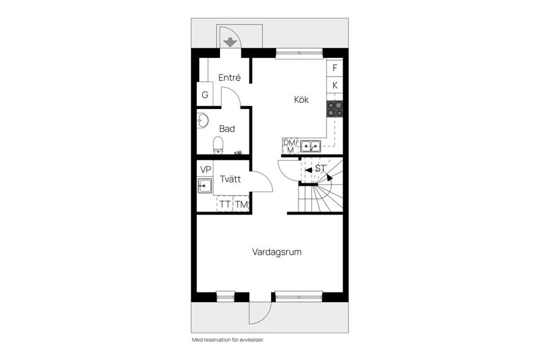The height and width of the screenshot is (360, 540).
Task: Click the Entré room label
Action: coord(229,78)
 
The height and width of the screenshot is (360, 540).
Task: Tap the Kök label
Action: coord(301,100)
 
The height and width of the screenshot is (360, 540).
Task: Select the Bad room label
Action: coord(227,129)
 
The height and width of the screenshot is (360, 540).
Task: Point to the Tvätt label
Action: coord(231,179)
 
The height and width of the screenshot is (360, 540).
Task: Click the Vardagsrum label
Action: coord(276,252)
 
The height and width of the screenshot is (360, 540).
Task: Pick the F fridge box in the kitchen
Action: coord(335,67)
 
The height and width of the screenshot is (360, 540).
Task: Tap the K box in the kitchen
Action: coord(335,85)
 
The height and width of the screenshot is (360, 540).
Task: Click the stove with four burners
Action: coord(335,109)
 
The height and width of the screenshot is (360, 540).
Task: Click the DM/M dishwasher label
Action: coord(290,146)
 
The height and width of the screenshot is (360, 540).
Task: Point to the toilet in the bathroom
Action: coord(218,145)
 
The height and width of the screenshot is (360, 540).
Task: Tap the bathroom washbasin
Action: coord(202,120)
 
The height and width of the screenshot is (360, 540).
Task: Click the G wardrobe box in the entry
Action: coord(205,94)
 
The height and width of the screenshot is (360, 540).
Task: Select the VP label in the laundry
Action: coord(205,169)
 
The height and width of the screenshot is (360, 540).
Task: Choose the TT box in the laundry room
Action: coord(225,204)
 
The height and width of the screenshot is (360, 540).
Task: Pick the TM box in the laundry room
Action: coord(241,204)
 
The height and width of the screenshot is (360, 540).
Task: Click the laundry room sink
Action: coord(205,186)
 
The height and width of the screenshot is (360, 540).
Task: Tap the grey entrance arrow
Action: coord(229,42)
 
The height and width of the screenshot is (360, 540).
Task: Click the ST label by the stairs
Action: coord(321,168)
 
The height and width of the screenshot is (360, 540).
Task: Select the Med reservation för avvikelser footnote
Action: coord(227,340)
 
